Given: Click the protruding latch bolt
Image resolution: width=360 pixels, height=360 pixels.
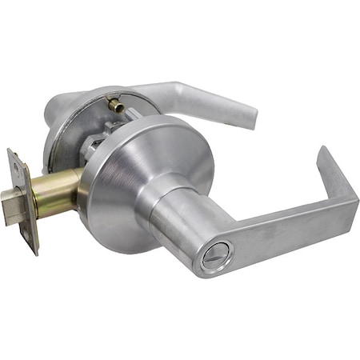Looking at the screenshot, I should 11,194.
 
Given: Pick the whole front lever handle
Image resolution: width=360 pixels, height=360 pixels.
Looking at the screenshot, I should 256,228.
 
